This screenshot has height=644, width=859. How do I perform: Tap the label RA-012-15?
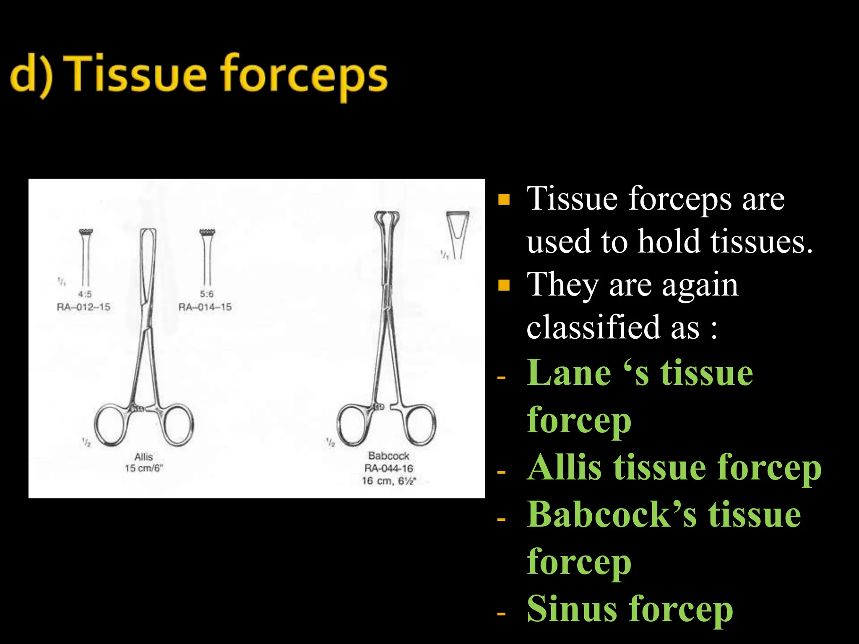pos(83,307)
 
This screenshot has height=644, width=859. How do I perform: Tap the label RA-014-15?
pos(205,307)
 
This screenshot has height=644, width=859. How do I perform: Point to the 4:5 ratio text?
pos(85,294)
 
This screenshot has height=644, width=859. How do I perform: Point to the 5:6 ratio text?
pos(206,294)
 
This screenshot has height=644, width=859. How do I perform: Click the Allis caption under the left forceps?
pos(143,457)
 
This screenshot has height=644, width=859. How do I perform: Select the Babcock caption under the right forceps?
pos(388,456)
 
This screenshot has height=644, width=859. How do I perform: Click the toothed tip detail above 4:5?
pos(86,233)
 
